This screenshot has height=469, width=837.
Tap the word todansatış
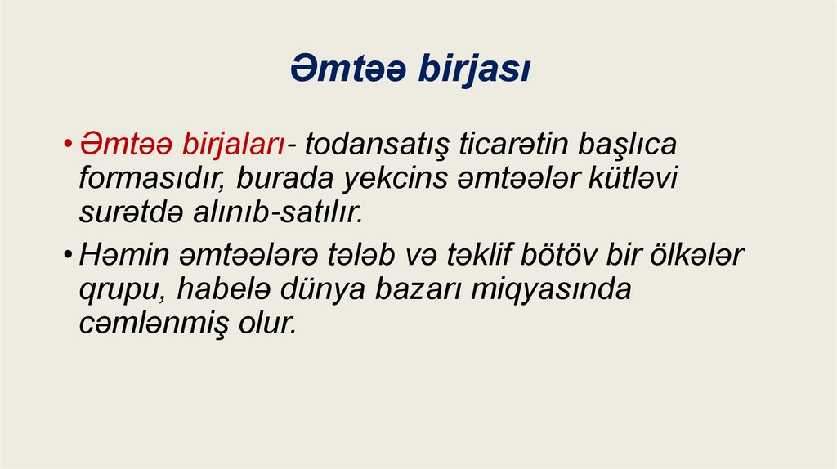(377, 145)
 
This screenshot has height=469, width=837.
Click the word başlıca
(633, 145)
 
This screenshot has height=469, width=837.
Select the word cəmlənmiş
(152, 324)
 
